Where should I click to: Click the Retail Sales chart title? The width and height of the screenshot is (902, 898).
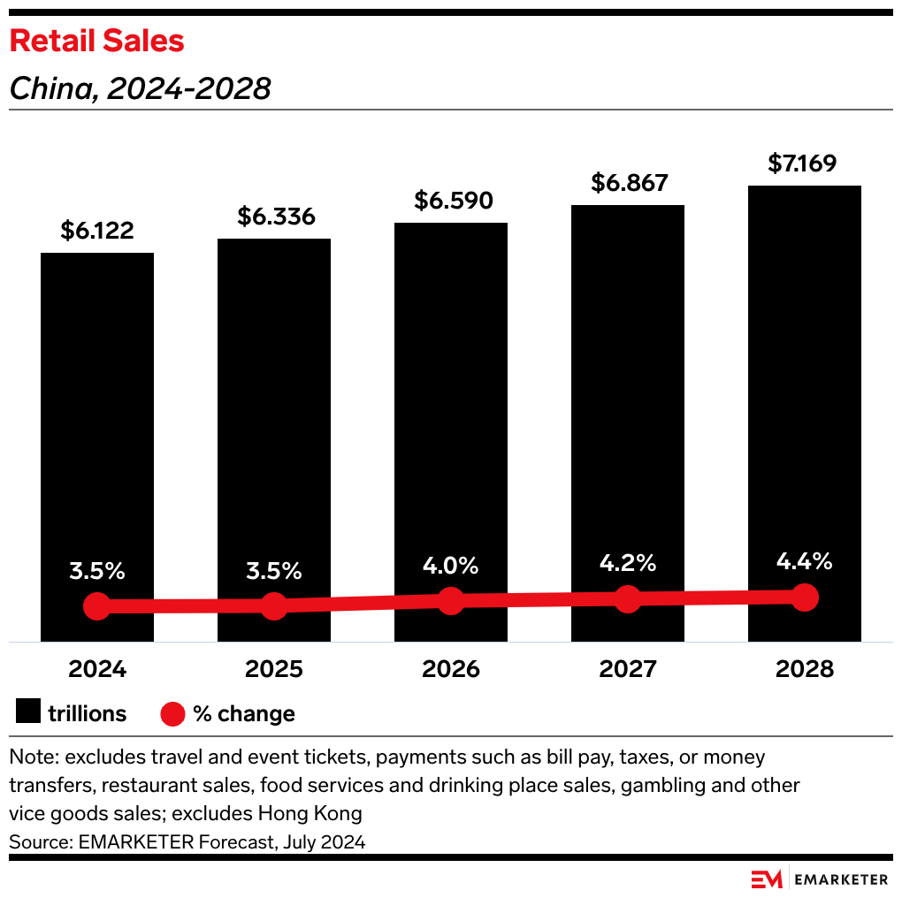(x=96, y=41)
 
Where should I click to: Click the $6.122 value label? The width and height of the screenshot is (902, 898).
(x=97, y=231)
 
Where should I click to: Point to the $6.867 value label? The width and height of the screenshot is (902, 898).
(x=628, y=183)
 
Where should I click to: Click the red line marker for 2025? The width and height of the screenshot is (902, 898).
(x=274, y=606)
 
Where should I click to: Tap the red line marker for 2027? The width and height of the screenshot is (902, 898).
(x=628, y=598)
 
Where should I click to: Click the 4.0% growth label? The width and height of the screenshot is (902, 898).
(x=451, y=565)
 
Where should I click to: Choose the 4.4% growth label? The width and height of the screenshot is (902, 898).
(x=805, y=561)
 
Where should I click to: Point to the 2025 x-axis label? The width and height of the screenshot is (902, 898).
(x=274, y=669)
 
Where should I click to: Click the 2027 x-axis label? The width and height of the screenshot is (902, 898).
(x=628, y=669)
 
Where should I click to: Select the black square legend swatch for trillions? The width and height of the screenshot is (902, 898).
(x=27, y=713)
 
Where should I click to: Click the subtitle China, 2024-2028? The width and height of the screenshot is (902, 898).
(x=140, y=89)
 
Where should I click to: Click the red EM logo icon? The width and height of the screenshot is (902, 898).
(x=766, y=879)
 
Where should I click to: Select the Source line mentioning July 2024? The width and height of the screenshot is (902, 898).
(x=187, y=842)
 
